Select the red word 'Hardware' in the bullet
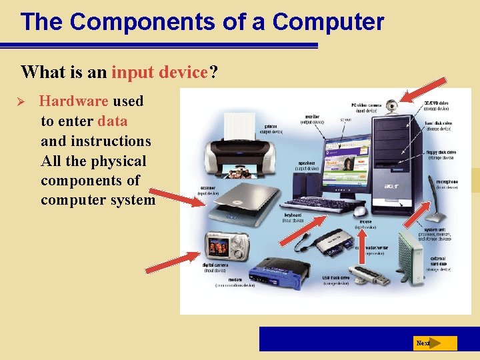[73, 101]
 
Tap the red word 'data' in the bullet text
[112, 121]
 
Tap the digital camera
[227, 246]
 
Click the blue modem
[279, 271]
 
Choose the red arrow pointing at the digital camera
[173, 262]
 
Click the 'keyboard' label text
[293, 215]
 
